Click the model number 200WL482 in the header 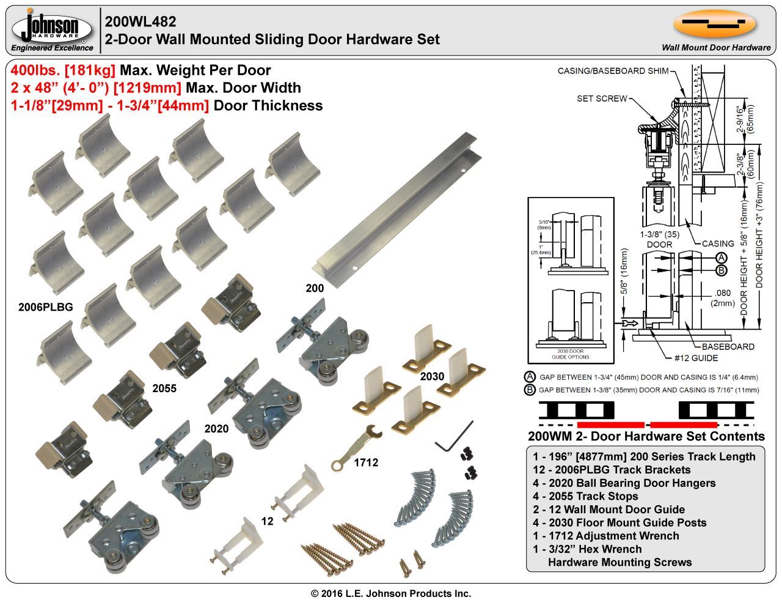(141, 22)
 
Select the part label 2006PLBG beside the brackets (46, 307)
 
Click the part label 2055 (164, 388)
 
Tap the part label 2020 (216, 429)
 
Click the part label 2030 (432, 376)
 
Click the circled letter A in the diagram (721, 258)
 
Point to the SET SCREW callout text (602, 98)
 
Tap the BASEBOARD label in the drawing (728, 346)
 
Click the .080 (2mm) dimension (722, 297)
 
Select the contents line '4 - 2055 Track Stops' (585, 496)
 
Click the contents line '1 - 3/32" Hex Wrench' (587, 549)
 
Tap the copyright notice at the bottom (391, 593)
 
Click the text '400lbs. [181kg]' (63, 70)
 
